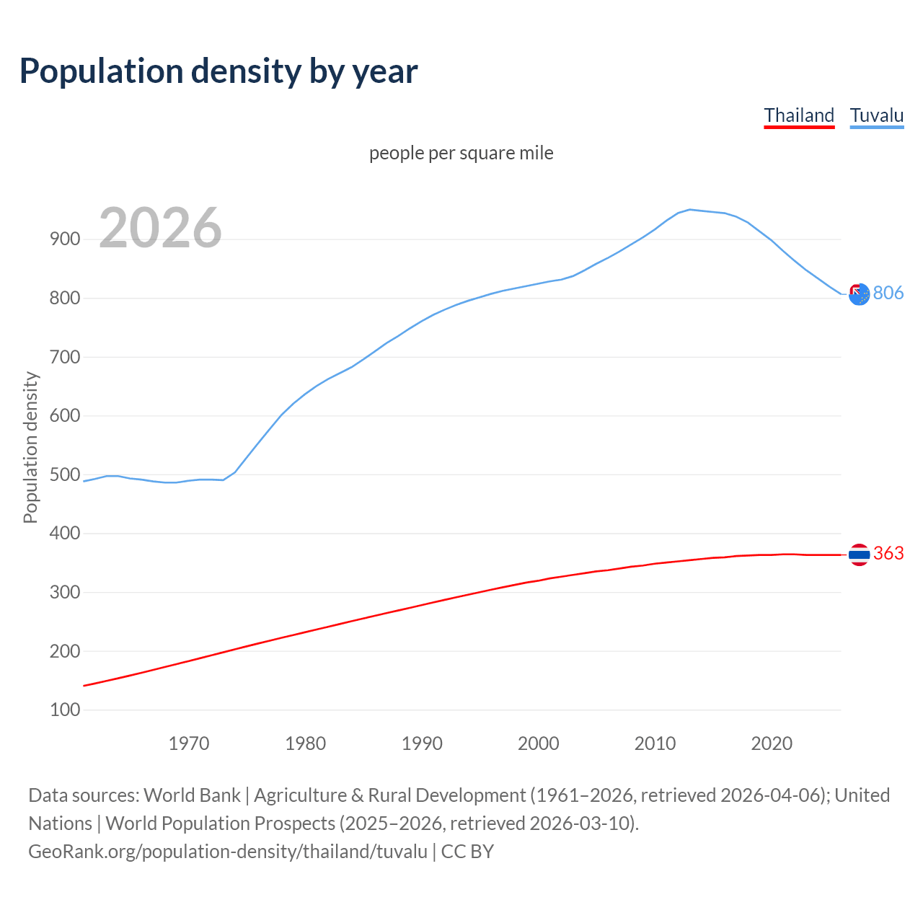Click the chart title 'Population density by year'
[x=218, y=71]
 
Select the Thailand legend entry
[x=799, y=115]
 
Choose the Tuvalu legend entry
[x=876, y=115]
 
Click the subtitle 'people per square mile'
[x=461, y=153]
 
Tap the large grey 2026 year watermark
[x=160, y=228]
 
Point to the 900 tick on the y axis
[x=65, y=239]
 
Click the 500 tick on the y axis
[x=65, y=474]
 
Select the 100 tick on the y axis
[x=65, y=710]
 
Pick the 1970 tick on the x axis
[x=189, y=743]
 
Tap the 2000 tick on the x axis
[x=538, y=743]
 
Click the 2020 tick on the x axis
[x=772, y=743]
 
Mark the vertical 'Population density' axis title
[x=30, y=447]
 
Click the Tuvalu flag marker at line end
[x=859, y=293]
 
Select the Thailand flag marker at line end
[x=859, y=555]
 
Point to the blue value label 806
[x=888, y=293]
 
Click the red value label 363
[x=888, y=553]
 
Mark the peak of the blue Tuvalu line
[x=689, y=209]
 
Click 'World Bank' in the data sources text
[x=192, y=795]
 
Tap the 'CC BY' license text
[x=467, y=852]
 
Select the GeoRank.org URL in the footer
[x=228, y=852]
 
